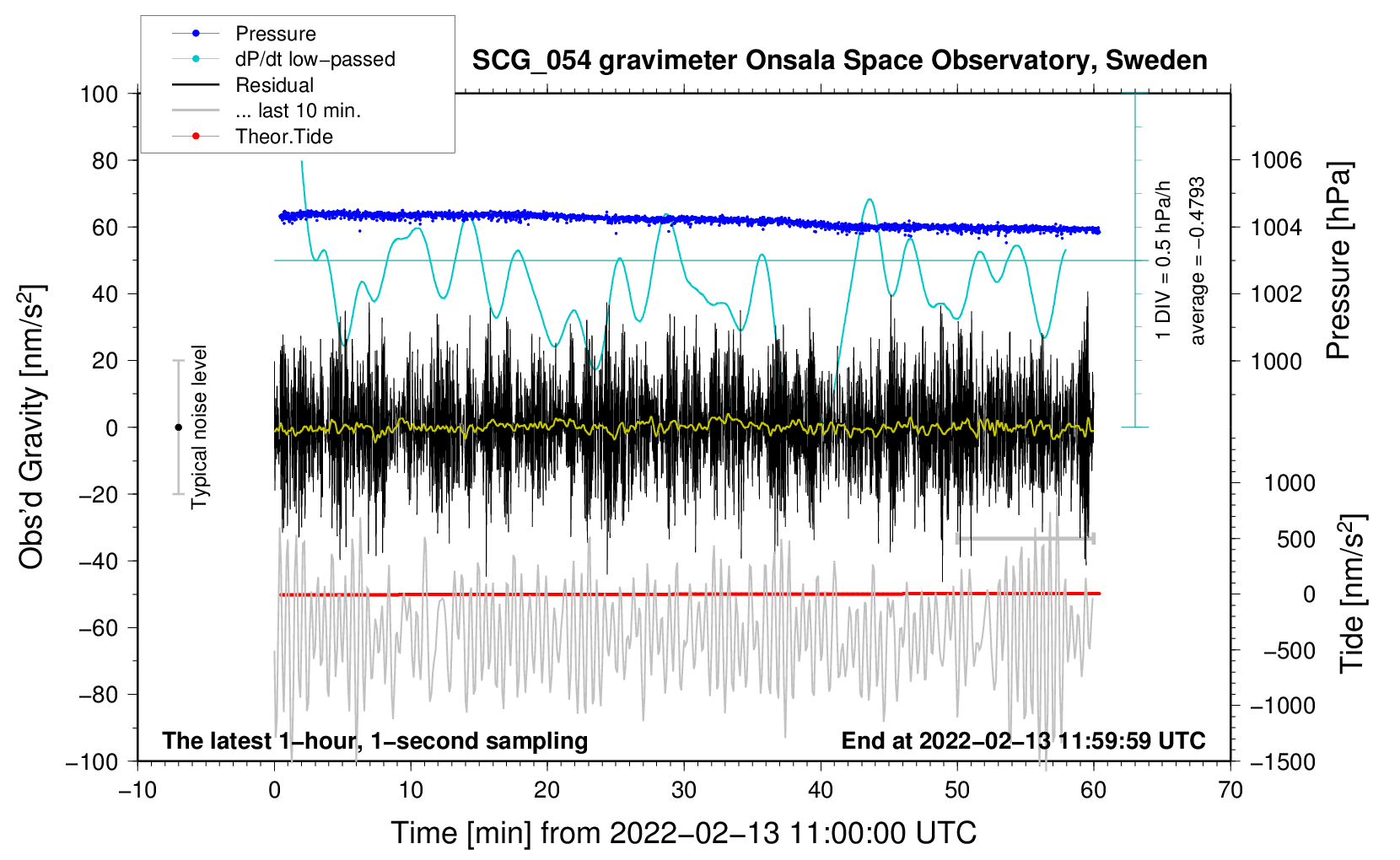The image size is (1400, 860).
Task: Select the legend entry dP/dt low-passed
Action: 315,59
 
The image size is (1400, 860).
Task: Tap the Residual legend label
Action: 274,85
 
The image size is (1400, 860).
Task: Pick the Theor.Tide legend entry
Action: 283,137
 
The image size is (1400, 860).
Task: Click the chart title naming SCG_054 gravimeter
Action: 839,61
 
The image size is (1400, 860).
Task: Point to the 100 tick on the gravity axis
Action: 99,94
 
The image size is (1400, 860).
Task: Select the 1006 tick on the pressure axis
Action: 1276,160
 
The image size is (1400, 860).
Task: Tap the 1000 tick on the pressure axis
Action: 1276,361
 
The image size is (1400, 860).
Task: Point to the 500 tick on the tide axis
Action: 1295,539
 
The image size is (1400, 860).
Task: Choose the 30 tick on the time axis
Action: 684,790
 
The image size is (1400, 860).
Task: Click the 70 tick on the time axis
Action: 1230,790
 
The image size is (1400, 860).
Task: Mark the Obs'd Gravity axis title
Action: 31,427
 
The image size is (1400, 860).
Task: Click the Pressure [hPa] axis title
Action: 1338,261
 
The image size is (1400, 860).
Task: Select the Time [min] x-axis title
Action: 683,833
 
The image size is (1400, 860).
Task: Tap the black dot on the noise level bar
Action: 178,427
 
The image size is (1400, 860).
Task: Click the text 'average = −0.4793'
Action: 1198,261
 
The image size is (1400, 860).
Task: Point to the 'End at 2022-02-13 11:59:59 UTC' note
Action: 1023,740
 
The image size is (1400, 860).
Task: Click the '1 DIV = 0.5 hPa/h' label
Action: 1164,261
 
